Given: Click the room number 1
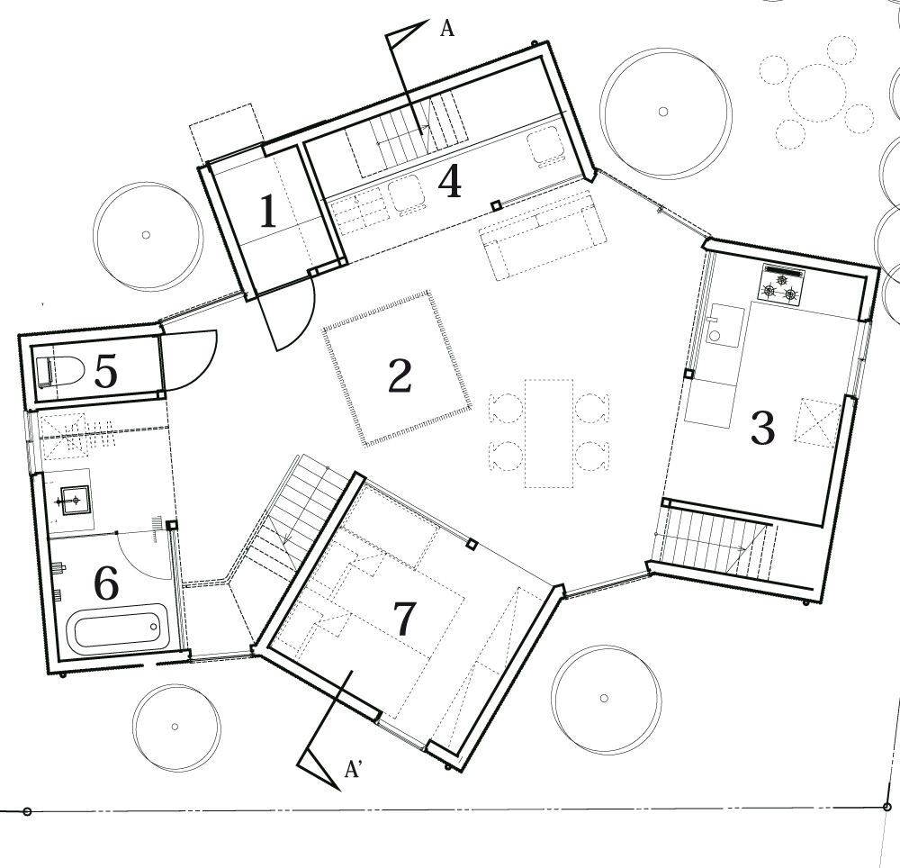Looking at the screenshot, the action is [269, 212].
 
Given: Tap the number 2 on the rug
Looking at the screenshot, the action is [400, 375].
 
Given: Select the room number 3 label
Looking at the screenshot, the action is [763, 428].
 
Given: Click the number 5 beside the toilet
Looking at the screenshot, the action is [105, 371].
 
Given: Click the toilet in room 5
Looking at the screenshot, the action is [59, 371].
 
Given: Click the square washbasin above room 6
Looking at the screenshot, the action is [76, 501].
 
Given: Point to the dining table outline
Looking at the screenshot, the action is [549, 433].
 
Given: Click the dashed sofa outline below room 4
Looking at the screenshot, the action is [543, 235].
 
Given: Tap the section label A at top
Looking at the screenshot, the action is [447, 28].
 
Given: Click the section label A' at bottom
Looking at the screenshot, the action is [353, 769].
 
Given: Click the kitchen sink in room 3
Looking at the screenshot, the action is [725, 326].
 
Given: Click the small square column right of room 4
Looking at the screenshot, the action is [496, 205].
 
